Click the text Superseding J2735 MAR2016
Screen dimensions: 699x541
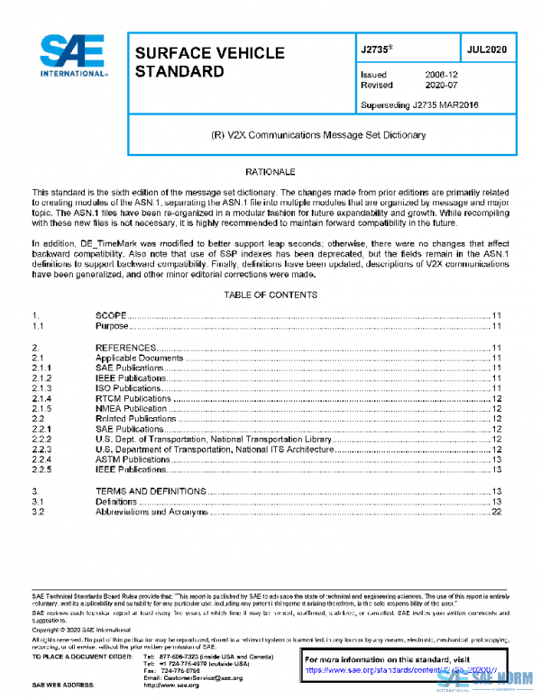coord(418,105)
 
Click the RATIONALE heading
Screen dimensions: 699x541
coord(270,170)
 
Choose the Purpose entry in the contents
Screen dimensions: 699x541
coord(113,326)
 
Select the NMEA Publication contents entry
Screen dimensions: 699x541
coord(132,408)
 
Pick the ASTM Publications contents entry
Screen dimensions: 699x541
coord(133,459)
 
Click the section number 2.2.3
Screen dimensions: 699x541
coord(42,449)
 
